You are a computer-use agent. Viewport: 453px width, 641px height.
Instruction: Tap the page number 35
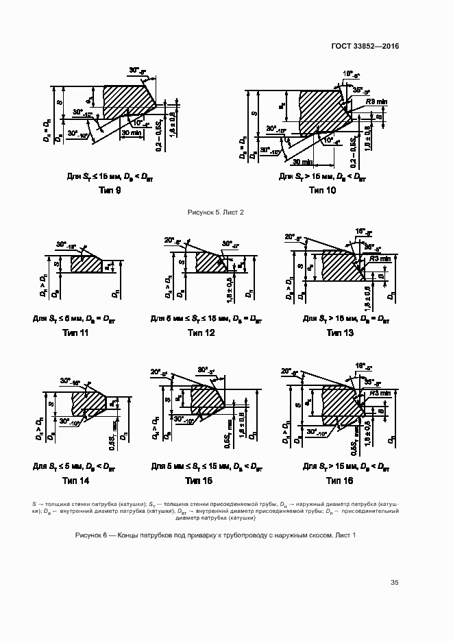tap(395, 583)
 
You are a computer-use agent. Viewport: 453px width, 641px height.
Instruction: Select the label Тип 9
tap(109, 191)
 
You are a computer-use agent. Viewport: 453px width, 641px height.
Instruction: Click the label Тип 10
tap(322, 191)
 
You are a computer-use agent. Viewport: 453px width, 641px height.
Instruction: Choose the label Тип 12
tap(201, 333)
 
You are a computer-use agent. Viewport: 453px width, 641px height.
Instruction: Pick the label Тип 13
tap(339, 333)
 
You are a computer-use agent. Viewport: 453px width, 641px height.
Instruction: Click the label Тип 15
tap(201, 481)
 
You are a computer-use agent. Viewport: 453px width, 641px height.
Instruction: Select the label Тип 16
tap(339, 481)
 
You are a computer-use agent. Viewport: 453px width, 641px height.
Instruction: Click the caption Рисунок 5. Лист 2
tap(216, 213)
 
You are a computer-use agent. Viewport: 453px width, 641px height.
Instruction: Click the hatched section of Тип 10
tap(322, 110)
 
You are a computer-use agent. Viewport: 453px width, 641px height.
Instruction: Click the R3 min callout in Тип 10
tap(376, 101)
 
